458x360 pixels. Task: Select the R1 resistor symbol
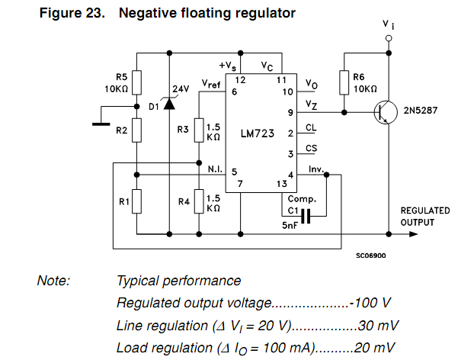(x=136, y=202)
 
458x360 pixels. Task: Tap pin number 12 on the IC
(x=239, y=79)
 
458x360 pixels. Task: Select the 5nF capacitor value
(x=290, y=227)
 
